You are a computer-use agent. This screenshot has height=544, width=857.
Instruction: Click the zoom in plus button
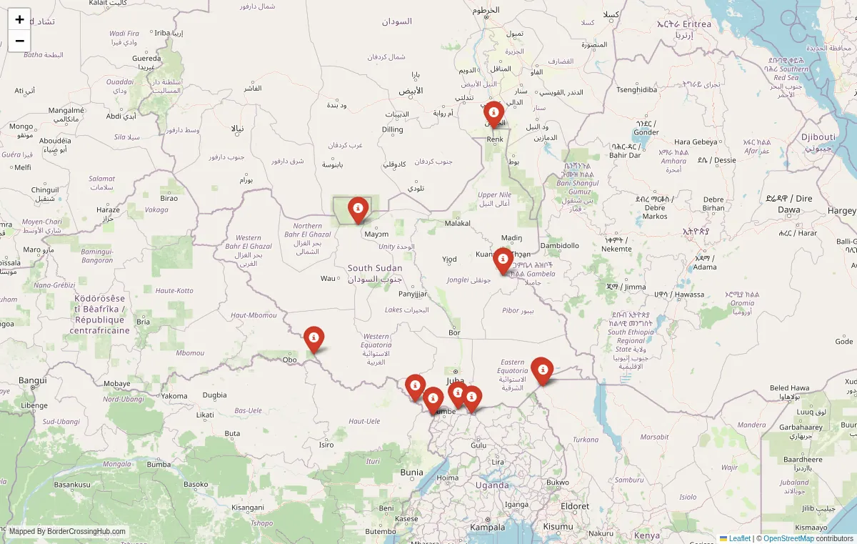[19, 19]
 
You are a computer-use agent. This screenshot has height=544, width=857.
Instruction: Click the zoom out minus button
[19, 41]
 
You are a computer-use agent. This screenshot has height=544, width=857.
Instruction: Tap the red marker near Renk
[493, 114]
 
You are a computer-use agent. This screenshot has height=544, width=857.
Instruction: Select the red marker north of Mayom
[358, 209]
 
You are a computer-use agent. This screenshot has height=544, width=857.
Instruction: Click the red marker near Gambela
[503, 259]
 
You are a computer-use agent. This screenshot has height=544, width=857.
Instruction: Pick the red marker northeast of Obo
[314, 338]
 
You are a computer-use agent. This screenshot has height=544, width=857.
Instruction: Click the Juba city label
[455, 381]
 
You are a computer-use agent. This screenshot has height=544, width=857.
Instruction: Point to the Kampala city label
[487, 527]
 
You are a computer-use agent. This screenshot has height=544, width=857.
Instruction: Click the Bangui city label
[33, 380]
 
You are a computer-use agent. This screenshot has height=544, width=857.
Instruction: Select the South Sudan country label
[375, 268]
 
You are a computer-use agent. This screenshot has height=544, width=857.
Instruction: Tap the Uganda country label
[492, 485]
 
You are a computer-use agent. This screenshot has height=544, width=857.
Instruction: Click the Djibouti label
[818, 137]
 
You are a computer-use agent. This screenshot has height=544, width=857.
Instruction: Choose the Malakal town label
[458, 223]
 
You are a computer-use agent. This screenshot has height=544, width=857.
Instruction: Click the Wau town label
[328, 278]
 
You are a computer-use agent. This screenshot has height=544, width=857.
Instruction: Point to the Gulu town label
[478, 445]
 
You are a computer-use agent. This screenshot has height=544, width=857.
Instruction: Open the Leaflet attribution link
[739, 538]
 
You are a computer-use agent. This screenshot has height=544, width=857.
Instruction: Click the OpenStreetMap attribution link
[788, 538]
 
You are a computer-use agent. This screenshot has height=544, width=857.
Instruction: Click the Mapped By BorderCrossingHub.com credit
[68, 532]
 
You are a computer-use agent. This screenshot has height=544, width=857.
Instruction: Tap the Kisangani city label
[248, 508]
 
